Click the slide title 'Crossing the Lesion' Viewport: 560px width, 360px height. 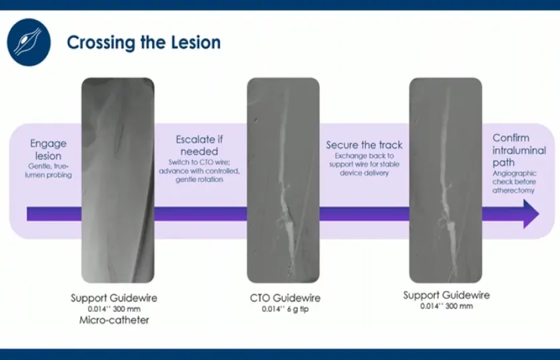pyautogui.click(x=143, y=43)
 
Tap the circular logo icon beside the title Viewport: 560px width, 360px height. pyautogui.click(x=28, y=41)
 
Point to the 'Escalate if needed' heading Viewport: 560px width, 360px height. pyautogui.click(x=199, y=145)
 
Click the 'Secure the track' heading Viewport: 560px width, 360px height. pyautogui.click(x=364, y=145)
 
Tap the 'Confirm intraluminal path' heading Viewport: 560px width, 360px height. pyautogui.click(x=519, y=150)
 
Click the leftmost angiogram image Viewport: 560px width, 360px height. pyautogui.click(x=117, y=180)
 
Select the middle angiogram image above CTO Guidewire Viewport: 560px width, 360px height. pyautogui.click(x=283, y=180)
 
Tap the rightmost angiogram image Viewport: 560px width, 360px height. pyautogui.click(x=445, y=180)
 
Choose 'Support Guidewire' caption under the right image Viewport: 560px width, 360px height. pyautogui.click(x=446, y=295)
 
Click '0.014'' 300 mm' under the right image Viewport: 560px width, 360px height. pyautogui.click(x=446, y=307)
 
